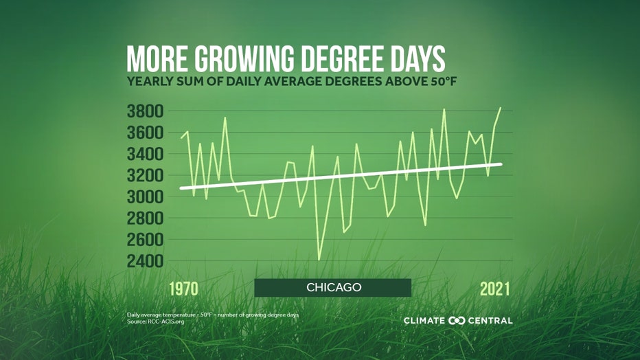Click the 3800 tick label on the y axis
[x=144, y=111]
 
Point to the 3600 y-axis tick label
[x=144, y=132]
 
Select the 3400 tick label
[x=144, y=154]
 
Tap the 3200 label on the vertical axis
[x=144, y=175]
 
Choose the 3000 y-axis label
[x=144, y=196]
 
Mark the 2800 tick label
[x=144, y=218]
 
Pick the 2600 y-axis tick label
[x=144, y=239]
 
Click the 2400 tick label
[x=144, y=261]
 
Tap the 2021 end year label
[x=494, y=289]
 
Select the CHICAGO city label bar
[x=333, y=287]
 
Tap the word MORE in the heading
[x=157, y=60]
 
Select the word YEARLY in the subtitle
[x=150, y=82]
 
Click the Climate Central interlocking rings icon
[x=457, y=321]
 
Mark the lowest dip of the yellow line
[x=319, y=260]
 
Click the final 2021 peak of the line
[x=501, y=108]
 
